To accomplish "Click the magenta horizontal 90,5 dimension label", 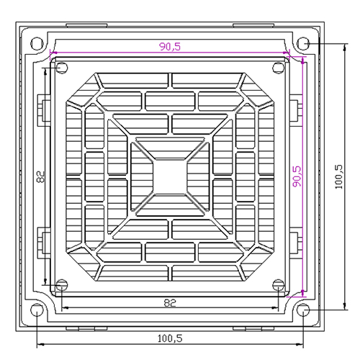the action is [x=170, y=46].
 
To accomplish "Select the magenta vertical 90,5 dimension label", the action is [x=297, y=176].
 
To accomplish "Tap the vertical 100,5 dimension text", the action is [x=338, y=177].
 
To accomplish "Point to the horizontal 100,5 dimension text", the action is [x=170, y=338].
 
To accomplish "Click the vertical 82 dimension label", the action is [x=41, y=176].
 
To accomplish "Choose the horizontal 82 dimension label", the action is [x=170, y=303].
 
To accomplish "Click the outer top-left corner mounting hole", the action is [x=37, y=44].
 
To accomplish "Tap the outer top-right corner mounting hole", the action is [x=303, y=44].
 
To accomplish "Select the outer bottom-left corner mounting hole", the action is [x=37, y=310].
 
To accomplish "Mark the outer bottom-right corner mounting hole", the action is [x=303, y=310].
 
